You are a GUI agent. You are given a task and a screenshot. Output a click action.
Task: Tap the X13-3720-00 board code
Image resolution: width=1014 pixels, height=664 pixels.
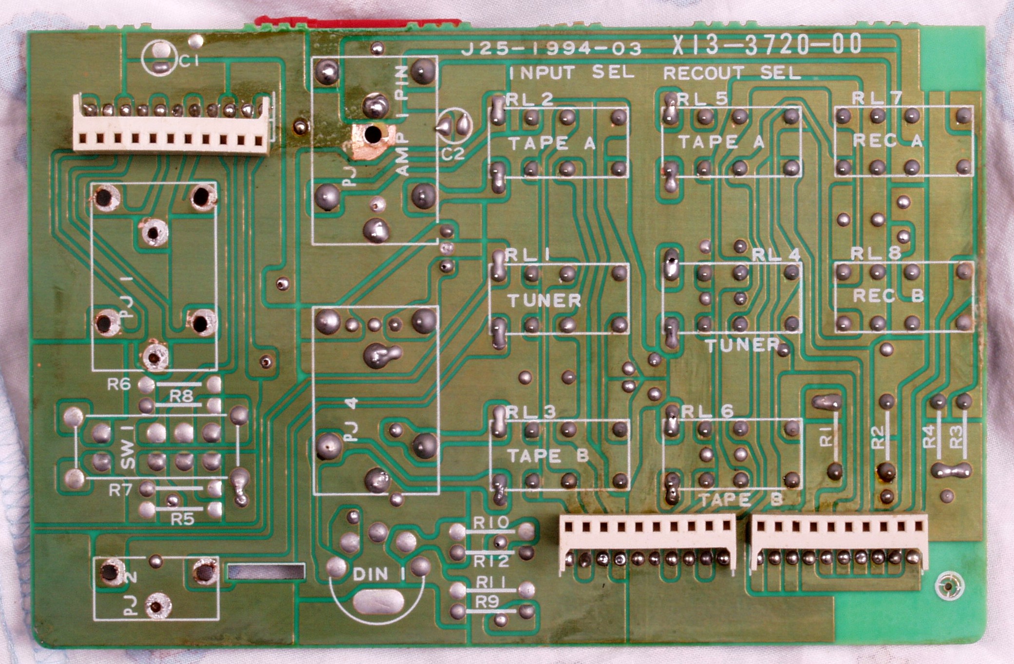767,45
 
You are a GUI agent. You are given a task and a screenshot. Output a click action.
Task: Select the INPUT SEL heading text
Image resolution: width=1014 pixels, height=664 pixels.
571,73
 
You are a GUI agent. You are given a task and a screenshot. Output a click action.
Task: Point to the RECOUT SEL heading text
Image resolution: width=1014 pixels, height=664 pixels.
732,73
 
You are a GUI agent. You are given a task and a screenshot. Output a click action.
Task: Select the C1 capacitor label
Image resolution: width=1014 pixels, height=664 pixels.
189,61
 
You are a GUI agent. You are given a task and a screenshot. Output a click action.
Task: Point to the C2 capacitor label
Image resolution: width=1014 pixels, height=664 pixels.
453,154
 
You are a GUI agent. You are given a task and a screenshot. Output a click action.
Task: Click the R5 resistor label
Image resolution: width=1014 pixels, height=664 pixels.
182,519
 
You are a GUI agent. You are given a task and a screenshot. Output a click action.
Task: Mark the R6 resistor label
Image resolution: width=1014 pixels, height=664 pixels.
119,385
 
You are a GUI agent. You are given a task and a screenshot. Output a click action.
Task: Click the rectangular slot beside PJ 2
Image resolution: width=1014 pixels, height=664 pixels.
266,571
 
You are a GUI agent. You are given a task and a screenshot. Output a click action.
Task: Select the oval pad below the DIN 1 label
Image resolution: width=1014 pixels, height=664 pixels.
378,602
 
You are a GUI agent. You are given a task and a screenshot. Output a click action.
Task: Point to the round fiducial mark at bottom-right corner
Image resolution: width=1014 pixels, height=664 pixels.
949,586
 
